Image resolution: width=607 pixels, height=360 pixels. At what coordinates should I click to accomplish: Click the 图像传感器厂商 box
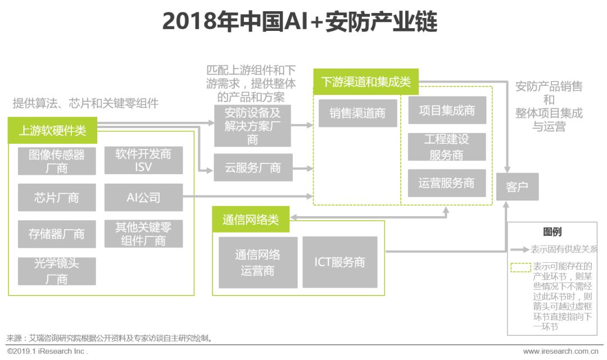pos(56,161)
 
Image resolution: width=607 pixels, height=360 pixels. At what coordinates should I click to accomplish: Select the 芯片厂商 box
pos(56,198)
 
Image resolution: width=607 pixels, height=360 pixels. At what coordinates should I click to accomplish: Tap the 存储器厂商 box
pos(56,234)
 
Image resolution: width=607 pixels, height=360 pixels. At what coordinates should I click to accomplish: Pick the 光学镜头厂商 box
pos(56,271)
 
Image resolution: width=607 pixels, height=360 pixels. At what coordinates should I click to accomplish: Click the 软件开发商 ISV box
pos(143,161)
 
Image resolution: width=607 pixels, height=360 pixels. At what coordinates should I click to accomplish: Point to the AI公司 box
pos(143,198)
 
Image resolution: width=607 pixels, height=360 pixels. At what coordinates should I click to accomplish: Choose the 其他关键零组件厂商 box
pos(143,234)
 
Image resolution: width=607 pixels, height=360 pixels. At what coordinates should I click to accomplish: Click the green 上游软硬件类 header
pos(52,131)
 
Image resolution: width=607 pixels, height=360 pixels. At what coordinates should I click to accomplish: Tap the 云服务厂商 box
pos(253,167)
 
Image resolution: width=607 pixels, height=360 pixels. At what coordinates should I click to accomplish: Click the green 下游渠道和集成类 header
pos(365,83)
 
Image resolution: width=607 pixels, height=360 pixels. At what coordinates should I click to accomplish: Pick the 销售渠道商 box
pos(357,113)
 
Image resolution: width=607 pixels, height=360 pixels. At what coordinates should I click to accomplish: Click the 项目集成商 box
pos(447,111)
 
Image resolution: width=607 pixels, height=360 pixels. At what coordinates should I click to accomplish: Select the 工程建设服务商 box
pos(447,147)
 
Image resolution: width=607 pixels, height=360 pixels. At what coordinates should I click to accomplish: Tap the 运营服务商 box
pos(447,183)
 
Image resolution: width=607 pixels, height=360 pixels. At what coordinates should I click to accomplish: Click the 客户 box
pos(517,187)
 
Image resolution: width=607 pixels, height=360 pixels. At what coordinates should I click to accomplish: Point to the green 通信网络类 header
pos(250,220)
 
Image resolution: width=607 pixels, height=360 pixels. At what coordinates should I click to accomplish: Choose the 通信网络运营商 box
pos(257,262)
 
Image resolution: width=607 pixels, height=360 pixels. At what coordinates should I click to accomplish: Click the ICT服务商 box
pos(339,262)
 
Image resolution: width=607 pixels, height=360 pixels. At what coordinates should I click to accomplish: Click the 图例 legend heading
pos(552,232)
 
